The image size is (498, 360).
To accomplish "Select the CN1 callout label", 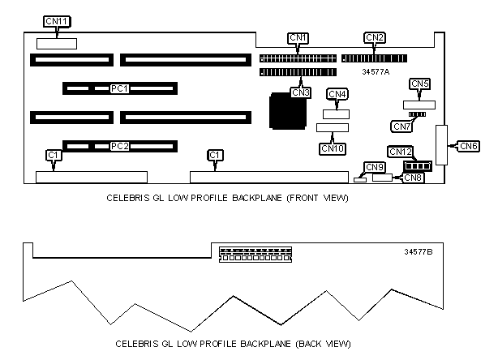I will (x=298, y=37).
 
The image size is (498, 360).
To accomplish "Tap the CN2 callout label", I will (x=375, y=37).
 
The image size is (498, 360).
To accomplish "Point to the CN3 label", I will (x=300, y=92).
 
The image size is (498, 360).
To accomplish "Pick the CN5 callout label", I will (x=420, y=84).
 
